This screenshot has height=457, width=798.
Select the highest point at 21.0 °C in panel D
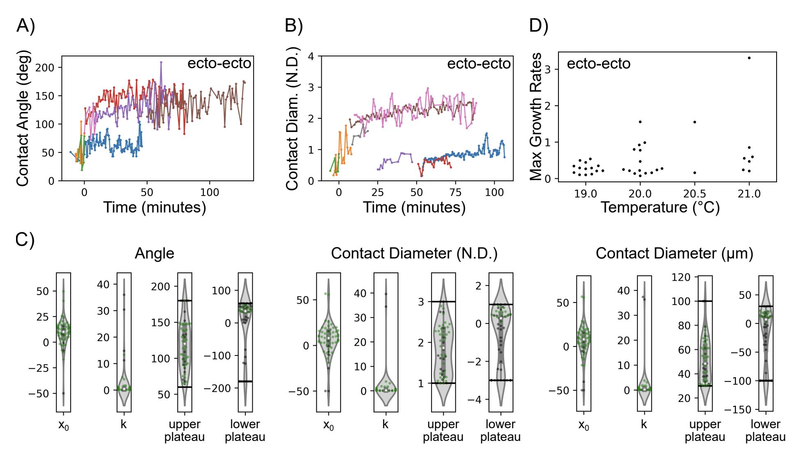(x=749, y=58)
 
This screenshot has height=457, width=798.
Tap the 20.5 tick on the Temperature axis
(x=694, y=194)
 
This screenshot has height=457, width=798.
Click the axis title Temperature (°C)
(x=660, y=208)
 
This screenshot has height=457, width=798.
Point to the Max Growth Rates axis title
(x=536, y=117)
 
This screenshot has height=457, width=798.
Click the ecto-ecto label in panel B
(x=479, y=64)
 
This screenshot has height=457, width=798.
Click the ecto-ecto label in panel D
(x=598, y=64)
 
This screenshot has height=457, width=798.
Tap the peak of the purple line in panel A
(x=161, y=62)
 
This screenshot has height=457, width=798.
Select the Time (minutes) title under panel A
(x=155, y=208)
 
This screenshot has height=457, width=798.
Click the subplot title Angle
(x=155, y=254)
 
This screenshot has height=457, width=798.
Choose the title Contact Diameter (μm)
(x=674, y=254)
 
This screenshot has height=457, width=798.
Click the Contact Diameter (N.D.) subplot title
(x=414, y=254)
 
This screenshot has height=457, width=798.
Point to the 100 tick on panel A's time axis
(x=210, y=192)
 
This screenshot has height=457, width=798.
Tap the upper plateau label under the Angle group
(x=185, y=430)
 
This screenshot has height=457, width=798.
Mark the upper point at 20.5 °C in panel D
(x=694, y=122)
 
